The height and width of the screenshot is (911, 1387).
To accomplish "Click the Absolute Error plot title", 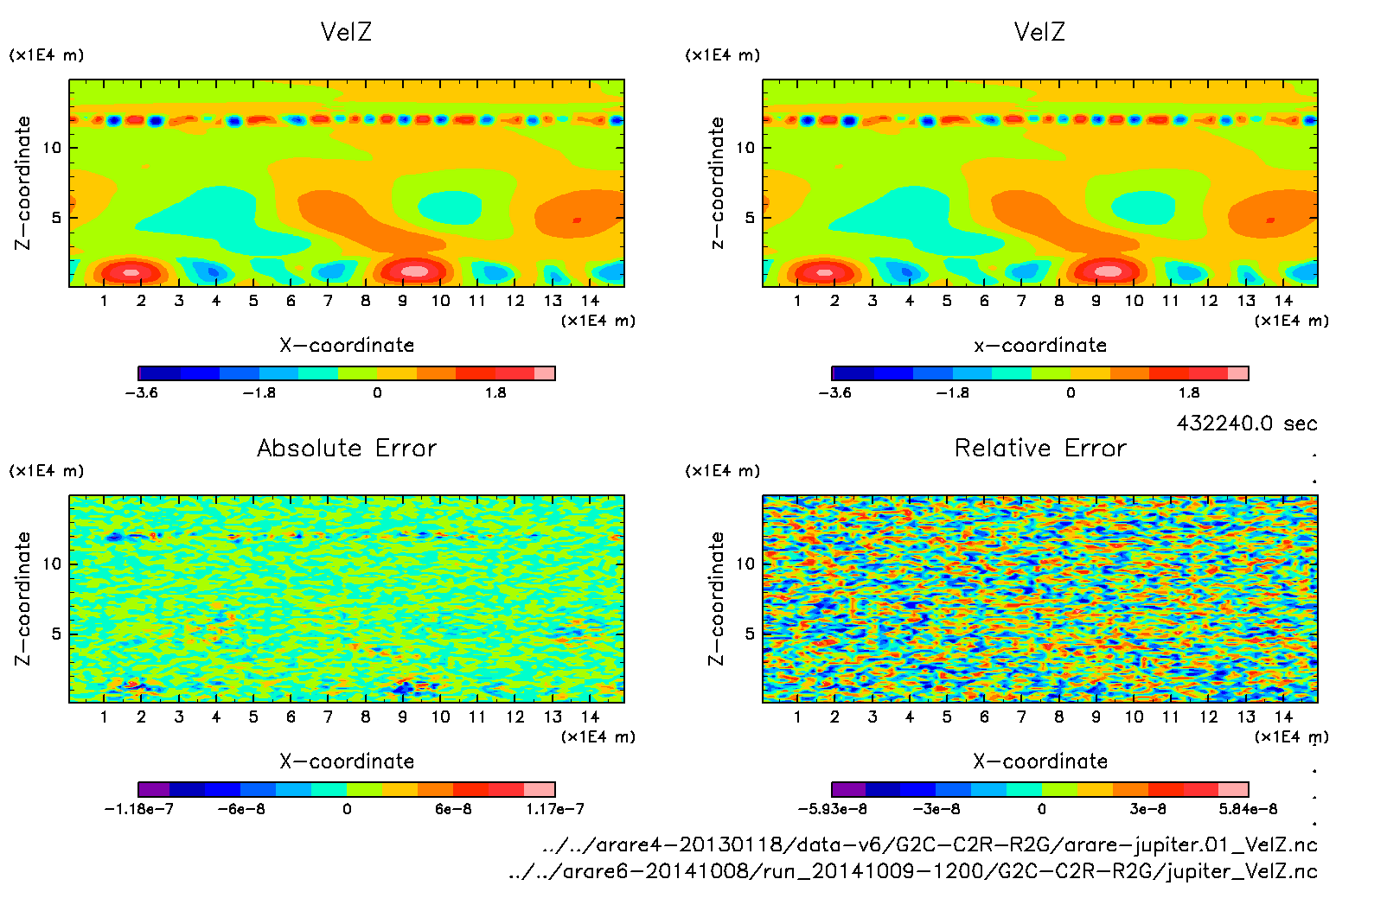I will coord(347,448).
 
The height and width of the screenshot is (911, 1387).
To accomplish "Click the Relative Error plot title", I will coord(1040,448).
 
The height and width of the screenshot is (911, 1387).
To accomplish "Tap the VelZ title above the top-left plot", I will coord(346,32).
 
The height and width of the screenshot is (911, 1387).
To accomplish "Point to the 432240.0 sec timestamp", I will coord(1246,423).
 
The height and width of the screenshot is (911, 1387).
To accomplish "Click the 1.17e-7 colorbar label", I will coord(554,809).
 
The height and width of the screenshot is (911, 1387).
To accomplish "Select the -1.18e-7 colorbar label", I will coord(138,809).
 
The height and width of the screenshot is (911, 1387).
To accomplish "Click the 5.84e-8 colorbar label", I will coord(1248,809).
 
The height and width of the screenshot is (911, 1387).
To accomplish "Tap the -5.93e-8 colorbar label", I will coord(832,809).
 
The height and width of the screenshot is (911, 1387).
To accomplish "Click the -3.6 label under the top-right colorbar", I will coord(834,392).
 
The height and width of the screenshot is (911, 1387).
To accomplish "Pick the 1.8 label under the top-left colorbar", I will coord(495,392).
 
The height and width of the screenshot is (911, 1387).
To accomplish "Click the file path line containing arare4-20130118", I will coord(930,844).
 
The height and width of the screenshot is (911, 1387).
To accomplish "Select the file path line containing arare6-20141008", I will coord(913,871).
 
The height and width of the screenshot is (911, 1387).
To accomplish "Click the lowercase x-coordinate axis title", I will coord(1040,345).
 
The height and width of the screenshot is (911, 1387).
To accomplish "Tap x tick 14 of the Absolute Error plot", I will coord(590,717).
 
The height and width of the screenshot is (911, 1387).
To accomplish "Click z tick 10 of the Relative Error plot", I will coord(745,564).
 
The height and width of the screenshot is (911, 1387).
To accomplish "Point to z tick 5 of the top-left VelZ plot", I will coord(56,217).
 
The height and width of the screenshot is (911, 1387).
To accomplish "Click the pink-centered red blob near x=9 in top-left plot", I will coord(414,271).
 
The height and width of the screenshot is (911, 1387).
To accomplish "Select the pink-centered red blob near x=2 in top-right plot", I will coord(825,272).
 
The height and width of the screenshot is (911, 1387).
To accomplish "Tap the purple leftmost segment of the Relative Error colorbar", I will coord(848,789).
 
